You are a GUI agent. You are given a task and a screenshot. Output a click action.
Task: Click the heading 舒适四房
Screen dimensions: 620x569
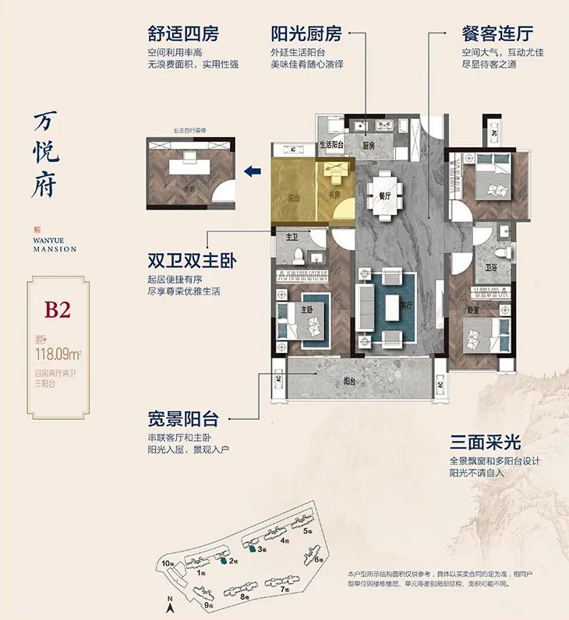click(x=183, y=35)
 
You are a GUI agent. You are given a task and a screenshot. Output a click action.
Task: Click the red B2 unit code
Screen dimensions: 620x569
click(x=58, y=309)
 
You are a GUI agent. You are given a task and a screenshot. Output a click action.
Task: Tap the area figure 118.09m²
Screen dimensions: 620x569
click(x=58, y=353)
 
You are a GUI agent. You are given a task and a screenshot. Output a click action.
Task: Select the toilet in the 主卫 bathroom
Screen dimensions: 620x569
click(x=305, y=255)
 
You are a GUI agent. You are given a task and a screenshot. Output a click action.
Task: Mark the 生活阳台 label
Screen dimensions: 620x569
click(x=333, y=144)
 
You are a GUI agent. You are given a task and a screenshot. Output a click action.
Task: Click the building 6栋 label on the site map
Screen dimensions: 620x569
click(x=317, y=559)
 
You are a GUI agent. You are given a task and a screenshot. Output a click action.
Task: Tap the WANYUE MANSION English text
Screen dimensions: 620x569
click(x=55, y=245)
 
